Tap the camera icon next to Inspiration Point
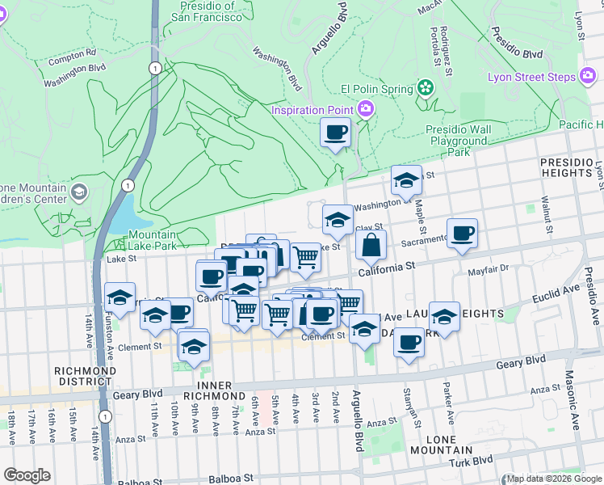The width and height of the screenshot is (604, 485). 366,109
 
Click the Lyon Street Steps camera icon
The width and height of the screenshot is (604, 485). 588,77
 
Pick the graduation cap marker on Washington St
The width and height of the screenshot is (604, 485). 407,180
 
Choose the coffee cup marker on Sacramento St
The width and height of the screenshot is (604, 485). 463,234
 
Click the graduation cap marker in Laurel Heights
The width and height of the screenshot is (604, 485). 444,315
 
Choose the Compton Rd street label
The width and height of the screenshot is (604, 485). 72,59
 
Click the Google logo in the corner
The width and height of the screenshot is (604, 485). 27,474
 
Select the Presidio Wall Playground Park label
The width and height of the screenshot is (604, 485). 459,140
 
